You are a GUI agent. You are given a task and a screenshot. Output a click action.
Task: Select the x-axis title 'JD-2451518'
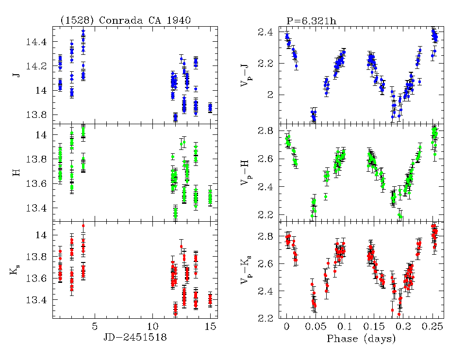(134, 338)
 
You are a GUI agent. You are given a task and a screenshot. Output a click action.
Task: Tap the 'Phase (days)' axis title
(361, 338)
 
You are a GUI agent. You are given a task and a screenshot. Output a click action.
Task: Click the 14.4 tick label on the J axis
(37, 42)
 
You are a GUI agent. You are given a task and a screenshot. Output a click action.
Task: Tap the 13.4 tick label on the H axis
(37, 208)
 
